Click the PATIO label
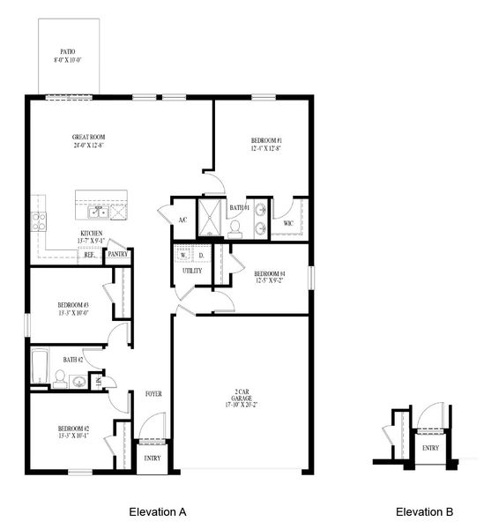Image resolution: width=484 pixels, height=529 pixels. [x=67, y=52]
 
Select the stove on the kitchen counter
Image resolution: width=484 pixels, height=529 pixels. [x=39, y=221]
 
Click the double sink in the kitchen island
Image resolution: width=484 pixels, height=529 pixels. [x=97, y=212]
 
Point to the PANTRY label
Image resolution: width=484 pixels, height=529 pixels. [x=117, y=255]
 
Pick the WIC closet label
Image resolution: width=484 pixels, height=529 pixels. [x=287, y=224]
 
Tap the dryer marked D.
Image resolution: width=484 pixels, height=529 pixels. [x=201, y=256]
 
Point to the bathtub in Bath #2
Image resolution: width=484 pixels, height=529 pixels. [x=41, y=367]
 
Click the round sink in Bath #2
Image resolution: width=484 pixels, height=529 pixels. [x=79, y=382]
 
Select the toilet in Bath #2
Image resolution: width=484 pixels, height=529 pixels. [x=59, y=379]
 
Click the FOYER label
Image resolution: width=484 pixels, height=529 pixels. [x=153, y=394]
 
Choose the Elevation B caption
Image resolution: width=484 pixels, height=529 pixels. [x=424, y=511]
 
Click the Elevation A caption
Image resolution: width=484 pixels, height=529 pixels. [x=157, y=511]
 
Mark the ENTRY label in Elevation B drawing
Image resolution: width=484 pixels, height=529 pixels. [x=430, y=447]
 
